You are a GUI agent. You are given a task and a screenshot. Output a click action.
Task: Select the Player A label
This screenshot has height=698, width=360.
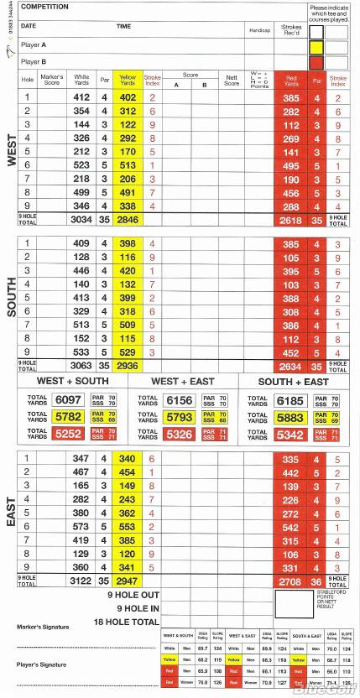pos(34,44)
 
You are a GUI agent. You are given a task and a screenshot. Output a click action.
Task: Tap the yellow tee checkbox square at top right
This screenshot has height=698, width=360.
pos(316,47)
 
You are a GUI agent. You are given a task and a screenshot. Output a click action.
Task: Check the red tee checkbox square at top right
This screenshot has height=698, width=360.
pos(316,61)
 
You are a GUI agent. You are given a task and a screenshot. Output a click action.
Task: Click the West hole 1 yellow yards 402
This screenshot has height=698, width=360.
pos(128,97)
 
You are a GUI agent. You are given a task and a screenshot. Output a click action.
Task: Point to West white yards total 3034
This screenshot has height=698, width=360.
pos(82,220)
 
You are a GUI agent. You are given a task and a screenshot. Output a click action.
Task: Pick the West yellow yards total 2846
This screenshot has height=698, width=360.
pos(128,220)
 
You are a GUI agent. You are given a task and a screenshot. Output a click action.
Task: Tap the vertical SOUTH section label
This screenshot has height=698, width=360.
pos(11,298)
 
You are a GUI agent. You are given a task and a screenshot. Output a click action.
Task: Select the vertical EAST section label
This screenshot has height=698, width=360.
pos(11,512)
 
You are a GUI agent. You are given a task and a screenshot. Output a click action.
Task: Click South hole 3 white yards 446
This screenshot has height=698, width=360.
pos(81,271)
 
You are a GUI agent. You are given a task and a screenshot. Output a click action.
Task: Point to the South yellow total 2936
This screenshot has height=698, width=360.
pos(128,366)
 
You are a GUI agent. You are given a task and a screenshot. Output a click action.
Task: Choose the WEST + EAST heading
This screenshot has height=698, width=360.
pos(180,380)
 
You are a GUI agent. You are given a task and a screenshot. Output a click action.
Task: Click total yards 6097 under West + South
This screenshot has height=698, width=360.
pos(67,400)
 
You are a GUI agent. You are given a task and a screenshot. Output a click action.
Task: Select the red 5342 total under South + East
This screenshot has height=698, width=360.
pos(290,434)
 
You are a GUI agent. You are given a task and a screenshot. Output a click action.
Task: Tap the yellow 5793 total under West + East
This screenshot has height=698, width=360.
pos(180,416)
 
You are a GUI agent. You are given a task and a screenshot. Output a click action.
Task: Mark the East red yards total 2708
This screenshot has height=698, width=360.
pos(290,580)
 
